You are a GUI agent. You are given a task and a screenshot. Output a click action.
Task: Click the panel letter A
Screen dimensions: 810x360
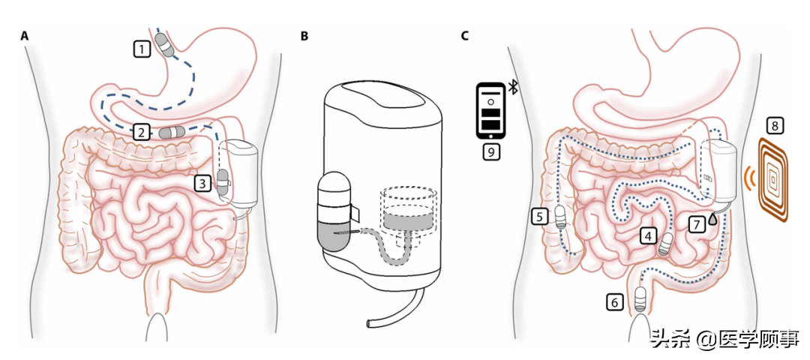[24, 36]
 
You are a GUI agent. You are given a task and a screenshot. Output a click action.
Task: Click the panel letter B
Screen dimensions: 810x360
[304, 36]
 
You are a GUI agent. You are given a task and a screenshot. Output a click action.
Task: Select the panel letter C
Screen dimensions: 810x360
[465, 36]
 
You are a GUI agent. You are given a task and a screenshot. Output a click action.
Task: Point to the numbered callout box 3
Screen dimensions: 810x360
[203, 183]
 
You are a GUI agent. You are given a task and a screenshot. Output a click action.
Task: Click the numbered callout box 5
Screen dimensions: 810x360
[540, 217]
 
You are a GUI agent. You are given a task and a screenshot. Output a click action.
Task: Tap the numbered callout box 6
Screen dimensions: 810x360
[614, 302]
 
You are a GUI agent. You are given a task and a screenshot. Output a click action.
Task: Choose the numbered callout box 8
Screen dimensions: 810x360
[774, 124]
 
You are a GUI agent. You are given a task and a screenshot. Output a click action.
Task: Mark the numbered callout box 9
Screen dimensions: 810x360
[491, 151]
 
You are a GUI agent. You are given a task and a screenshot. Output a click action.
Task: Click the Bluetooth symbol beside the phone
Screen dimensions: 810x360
[513, 87]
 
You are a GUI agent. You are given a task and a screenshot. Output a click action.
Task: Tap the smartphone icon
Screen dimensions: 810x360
[490, 110]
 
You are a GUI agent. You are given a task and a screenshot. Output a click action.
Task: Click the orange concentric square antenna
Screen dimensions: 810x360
[772, 178]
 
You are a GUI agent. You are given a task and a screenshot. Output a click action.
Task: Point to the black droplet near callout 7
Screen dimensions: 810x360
[713, 218]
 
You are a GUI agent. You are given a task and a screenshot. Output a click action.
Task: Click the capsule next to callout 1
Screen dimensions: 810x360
[165, 45]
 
